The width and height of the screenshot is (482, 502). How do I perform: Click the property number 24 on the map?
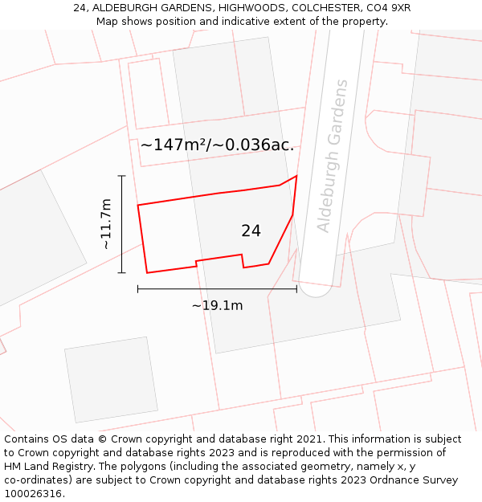click(x=251, y=231)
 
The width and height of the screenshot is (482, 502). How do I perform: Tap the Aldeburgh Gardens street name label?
click(x=333, y=156)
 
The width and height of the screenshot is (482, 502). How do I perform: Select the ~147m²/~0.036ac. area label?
click(x=217, y=145)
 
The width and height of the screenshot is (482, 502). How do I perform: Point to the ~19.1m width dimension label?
click(x=217, y=305)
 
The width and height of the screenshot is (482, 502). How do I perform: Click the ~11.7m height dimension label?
click(x=105, y=224)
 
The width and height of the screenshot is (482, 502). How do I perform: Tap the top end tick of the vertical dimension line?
click(x=122, y=176)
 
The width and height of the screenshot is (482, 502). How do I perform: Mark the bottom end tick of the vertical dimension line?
click(x=122, y=273)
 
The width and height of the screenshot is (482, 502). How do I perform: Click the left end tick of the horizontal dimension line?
click(x=138, y=288)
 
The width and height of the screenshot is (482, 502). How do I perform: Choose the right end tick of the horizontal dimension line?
click(x=296, y=288)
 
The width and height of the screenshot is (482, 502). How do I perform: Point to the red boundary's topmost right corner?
click(x=296, y=176)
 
